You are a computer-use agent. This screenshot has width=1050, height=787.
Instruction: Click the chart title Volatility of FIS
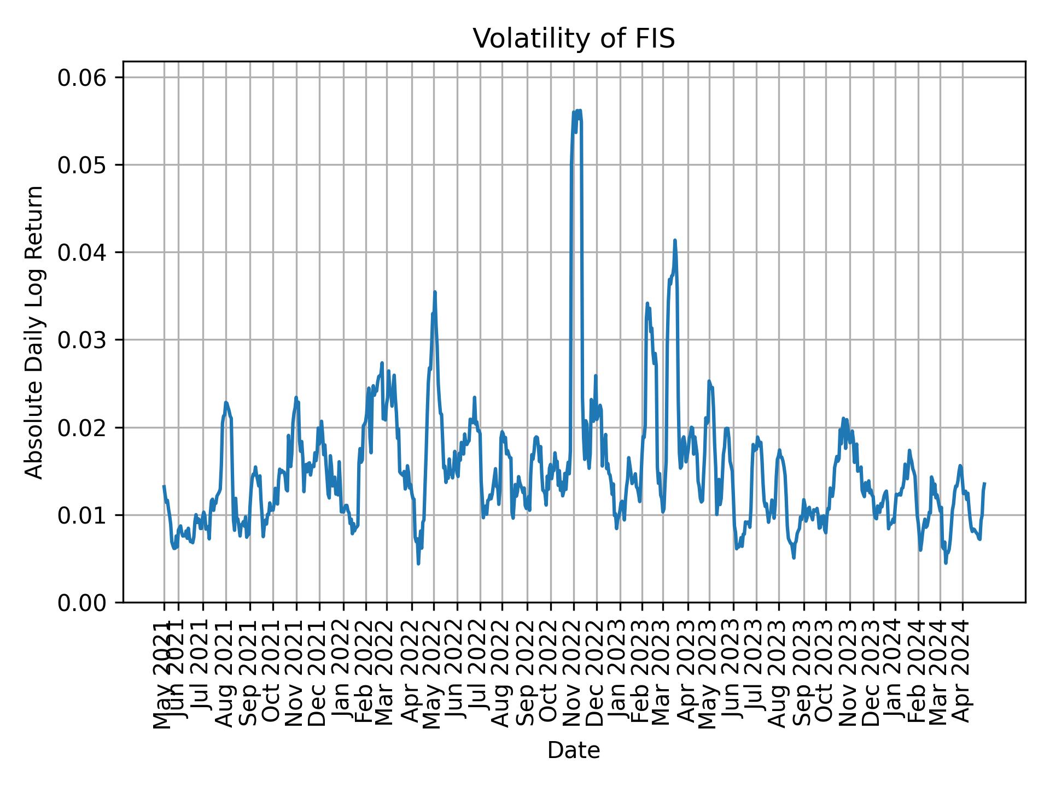(x=574, y=39)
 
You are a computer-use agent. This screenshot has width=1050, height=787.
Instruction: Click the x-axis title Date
(x=574, y=750)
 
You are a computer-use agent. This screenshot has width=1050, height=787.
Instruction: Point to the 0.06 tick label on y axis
(x=81, y=78)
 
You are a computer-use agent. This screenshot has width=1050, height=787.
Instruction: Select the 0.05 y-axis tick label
(x=81, y=165)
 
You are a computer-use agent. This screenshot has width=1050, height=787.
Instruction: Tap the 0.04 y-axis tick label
(x=81, y=252)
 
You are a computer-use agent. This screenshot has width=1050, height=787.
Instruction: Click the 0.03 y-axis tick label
(x=81, y=340)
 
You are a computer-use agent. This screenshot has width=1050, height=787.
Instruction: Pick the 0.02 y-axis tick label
(x=81, y=427)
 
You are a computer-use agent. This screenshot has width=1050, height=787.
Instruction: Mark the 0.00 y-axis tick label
(x=81, y=602)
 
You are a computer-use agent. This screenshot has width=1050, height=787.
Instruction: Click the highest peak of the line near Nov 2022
(x=579, y=110)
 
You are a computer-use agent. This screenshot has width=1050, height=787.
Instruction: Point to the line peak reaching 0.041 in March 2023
(x=675, y=240)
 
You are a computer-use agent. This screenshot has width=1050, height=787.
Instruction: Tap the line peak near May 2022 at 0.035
(x=435, y=292)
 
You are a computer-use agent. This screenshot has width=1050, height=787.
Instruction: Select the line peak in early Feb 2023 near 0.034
(x=647, y=303)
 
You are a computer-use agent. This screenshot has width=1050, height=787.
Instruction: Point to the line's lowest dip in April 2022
(x=418, y=563)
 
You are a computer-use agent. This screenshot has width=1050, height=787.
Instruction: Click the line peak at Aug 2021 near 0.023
(x=226, y=403)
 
